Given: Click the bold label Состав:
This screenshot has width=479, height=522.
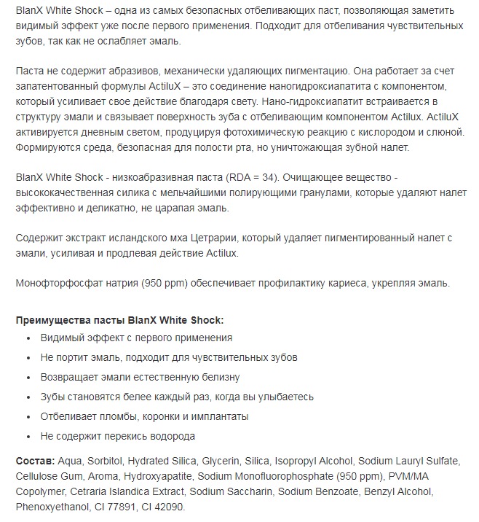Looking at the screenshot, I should click(34, 461).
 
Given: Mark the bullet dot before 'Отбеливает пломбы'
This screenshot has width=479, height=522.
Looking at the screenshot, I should click(28, 417).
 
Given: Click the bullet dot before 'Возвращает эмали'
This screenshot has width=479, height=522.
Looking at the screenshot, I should click(28, 378).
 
